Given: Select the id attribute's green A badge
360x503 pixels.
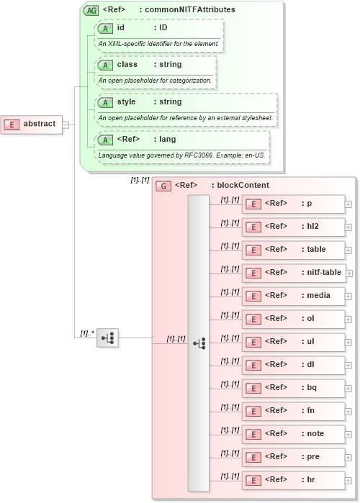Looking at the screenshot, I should pyautogui.click(x=106, y=28).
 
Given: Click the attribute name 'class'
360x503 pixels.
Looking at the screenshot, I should pyautogui.click(x=127, y=64).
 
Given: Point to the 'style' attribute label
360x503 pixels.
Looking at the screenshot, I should pyautogui.click(x=127, y=101).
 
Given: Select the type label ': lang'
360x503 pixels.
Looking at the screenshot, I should pyautogui.click(x=164, y=139).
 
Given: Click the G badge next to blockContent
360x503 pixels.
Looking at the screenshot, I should pyautogui.click(x=163, y=186).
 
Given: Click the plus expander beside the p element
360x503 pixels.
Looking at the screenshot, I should pyautogui.click(x=348, y=204).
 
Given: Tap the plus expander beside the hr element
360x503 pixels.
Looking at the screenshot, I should pyautogui.click(x=348, y=480).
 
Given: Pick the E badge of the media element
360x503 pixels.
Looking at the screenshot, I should pyautogui.click(x=253, y=296).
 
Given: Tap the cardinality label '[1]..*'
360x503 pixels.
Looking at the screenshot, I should pyautogui.click(x=86, y=333).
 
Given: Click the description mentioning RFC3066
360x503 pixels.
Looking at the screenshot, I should pyautogui.click(x=176, y=155).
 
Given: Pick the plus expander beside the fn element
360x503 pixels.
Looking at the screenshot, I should pyautogui.click(x=348, y=411).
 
